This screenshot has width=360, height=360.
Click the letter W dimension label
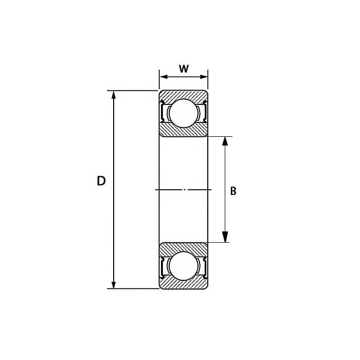pos(184,68)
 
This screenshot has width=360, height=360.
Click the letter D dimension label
pos(101,181)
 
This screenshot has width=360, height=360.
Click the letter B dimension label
pos(233,191)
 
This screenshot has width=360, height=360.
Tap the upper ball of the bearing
pos(184,113)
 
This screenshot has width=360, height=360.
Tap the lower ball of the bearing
pos(184,266)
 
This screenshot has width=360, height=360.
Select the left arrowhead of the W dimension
pos(164,77)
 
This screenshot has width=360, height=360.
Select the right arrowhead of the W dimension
pos(204,77)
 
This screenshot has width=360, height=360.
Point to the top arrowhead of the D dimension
pos(114,95)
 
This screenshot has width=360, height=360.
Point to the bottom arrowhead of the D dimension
pos(114,284)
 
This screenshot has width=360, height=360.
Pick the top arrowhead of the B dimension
pos(225,141)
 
